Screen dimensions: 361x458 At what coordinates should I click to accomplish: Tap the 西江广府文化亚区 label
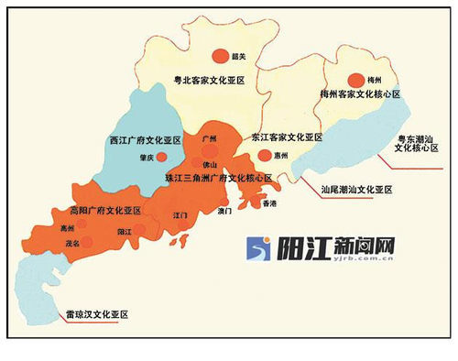[146, 142]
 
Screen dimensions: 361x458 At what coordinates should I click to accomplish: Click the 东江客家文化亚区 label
[287, 137]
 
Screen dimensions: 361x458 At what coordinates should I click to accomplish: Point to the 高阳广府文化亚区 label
[104, 211]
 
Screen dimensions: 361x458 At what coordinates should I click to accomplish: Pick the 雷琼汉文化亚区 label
[92, 314]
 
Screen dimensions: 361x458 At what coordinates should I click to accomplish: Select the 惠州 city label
[281, 156]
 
